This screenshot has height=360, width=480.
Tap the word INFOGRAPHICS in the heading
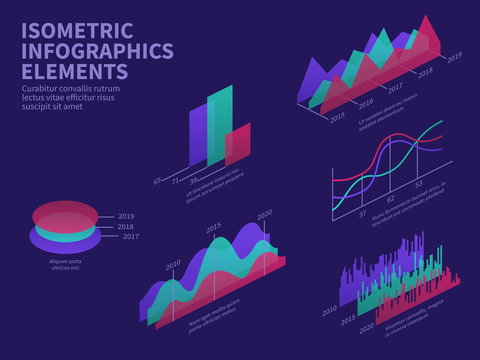coord(97,52)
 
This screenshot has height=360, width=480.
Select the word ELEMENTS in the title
coord(74,72)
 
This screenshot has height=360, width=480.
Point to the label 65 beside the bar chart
coord(157,180)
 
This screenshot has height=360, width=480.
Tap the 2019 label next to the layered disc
coord(126,216)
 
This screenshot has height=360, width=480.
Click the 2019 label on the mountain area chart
coord(455,57)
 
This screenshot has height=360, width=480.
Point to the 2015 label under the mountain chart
coord(337,116)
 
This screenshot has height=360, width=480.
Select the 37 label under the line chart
coord(363,214)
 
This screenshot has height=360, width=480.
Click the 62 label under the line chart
coord(391,199)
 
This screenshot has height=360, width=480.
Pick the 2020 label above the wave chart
coord(265,214)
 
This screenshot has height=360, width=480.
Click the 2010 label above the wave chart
coord(174,264)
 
